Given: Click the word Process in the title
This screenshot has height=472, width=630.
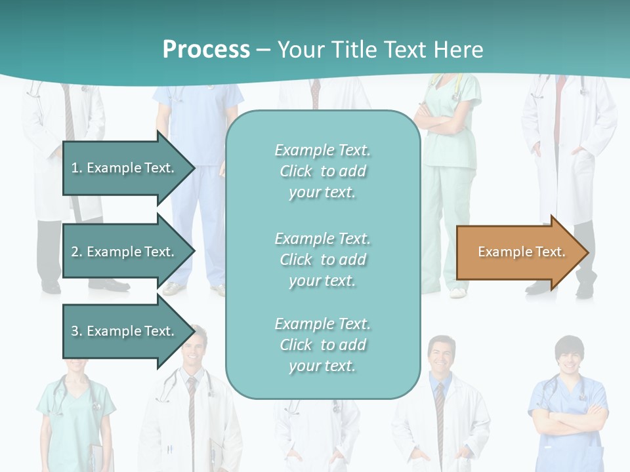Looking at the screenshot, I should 206,50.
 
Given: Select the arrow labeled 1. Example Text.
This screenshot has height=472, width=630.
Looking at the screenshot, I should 125,168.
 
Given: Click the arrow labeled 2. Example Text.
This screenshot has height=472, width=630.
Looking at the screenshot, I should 125,252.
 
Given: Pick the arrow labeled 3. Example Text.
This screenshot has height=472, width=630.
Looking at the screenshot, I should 125,331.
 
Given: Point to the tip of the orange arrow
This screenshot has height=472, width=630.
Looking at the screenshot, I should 587,252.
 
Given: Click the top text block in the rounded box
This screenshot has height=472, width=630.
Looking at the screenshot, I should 322,171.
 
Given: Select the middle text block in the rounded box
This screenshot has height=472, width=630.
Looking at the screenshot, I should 322,260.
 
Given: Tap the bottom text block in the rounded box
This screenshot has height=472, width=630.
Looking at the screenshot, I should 322,345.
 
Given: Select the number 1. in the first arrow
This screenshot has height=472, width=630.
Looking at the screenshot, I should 77,168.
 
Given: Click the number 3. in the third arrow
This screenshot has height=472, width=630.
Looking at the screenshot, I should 77,331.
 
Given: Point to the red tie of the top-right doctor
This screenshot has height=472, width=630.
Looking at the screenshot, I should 560,98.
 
